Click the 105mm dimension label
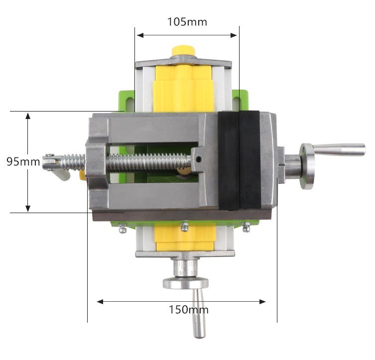pyautogui.click(x=187, y=22)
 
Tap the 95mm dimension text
pyautogui.click(x=23, y=162)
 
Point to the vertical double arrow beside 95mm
pyautogui.click(x=28, y=162)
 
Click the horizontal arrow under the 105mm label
pyautogui.click(x=187, y=35)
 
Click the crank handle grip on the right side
pyautogui.click(x=341, y=149)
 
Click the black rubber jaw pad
pyautogui.click(x=239, y=160)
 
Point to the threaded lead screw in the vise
pyautogui.click(x=149, y=161)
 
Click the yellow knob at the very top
pyautogui.click(x=183, y=51)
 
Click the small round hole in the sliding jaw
pyautogui.click(x=199, y=160)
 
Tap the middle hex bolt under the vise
pyautogui.click(x=185, y=227)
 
